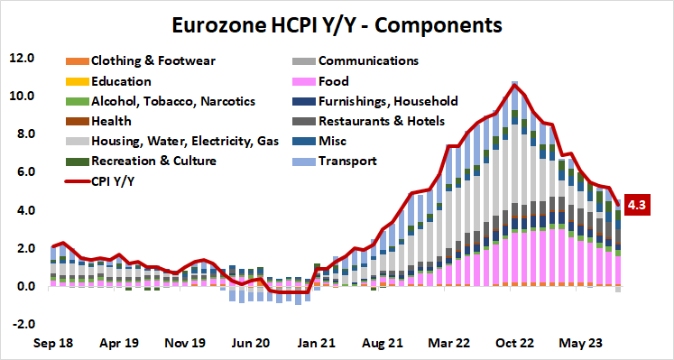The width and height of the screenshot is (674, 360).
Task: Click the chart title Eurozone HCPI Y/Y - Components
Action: [x=337, y=23]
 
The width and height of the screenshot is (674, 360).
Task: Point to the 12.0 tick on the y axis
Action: [x=22, y=58]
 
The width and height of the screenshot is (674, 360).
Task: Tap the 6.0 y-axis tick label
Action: [x=22, y=172]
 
